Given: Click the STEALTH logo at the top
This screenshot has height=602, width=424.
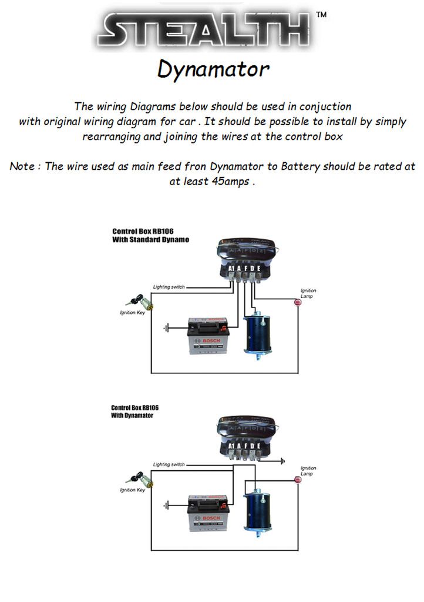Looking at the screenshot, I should tap(207, 29).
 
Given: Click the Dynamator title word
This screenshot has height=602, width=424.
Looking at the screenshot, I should tap(213, 69).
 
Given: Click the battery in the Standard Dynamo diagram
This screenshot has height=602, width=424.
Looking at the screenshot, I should tap(207, 336).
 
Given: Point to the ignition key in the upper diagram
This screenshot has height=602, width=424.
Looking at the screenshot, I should tap(141, 302).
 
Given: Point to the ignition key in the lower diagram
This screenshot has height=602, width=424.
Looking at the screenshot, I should tap(141, 479).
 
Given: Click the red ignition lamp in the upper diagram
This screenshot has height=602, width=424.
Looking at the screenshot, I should tap(297, 303).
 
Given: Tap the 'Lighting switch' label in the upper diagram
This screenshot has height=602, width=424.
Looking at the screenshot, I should tap(169, 287).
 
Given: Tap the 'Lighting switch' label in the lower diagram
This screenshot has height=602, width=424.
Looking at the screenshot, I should tap(169, 464).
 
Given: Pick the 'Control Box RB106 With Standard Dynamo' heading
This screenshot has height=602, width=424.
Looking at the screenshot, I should tap(150, 236).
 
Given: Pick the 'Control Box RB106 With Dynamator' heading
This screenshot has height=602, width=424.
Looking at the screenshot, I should tap(135, 412).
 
